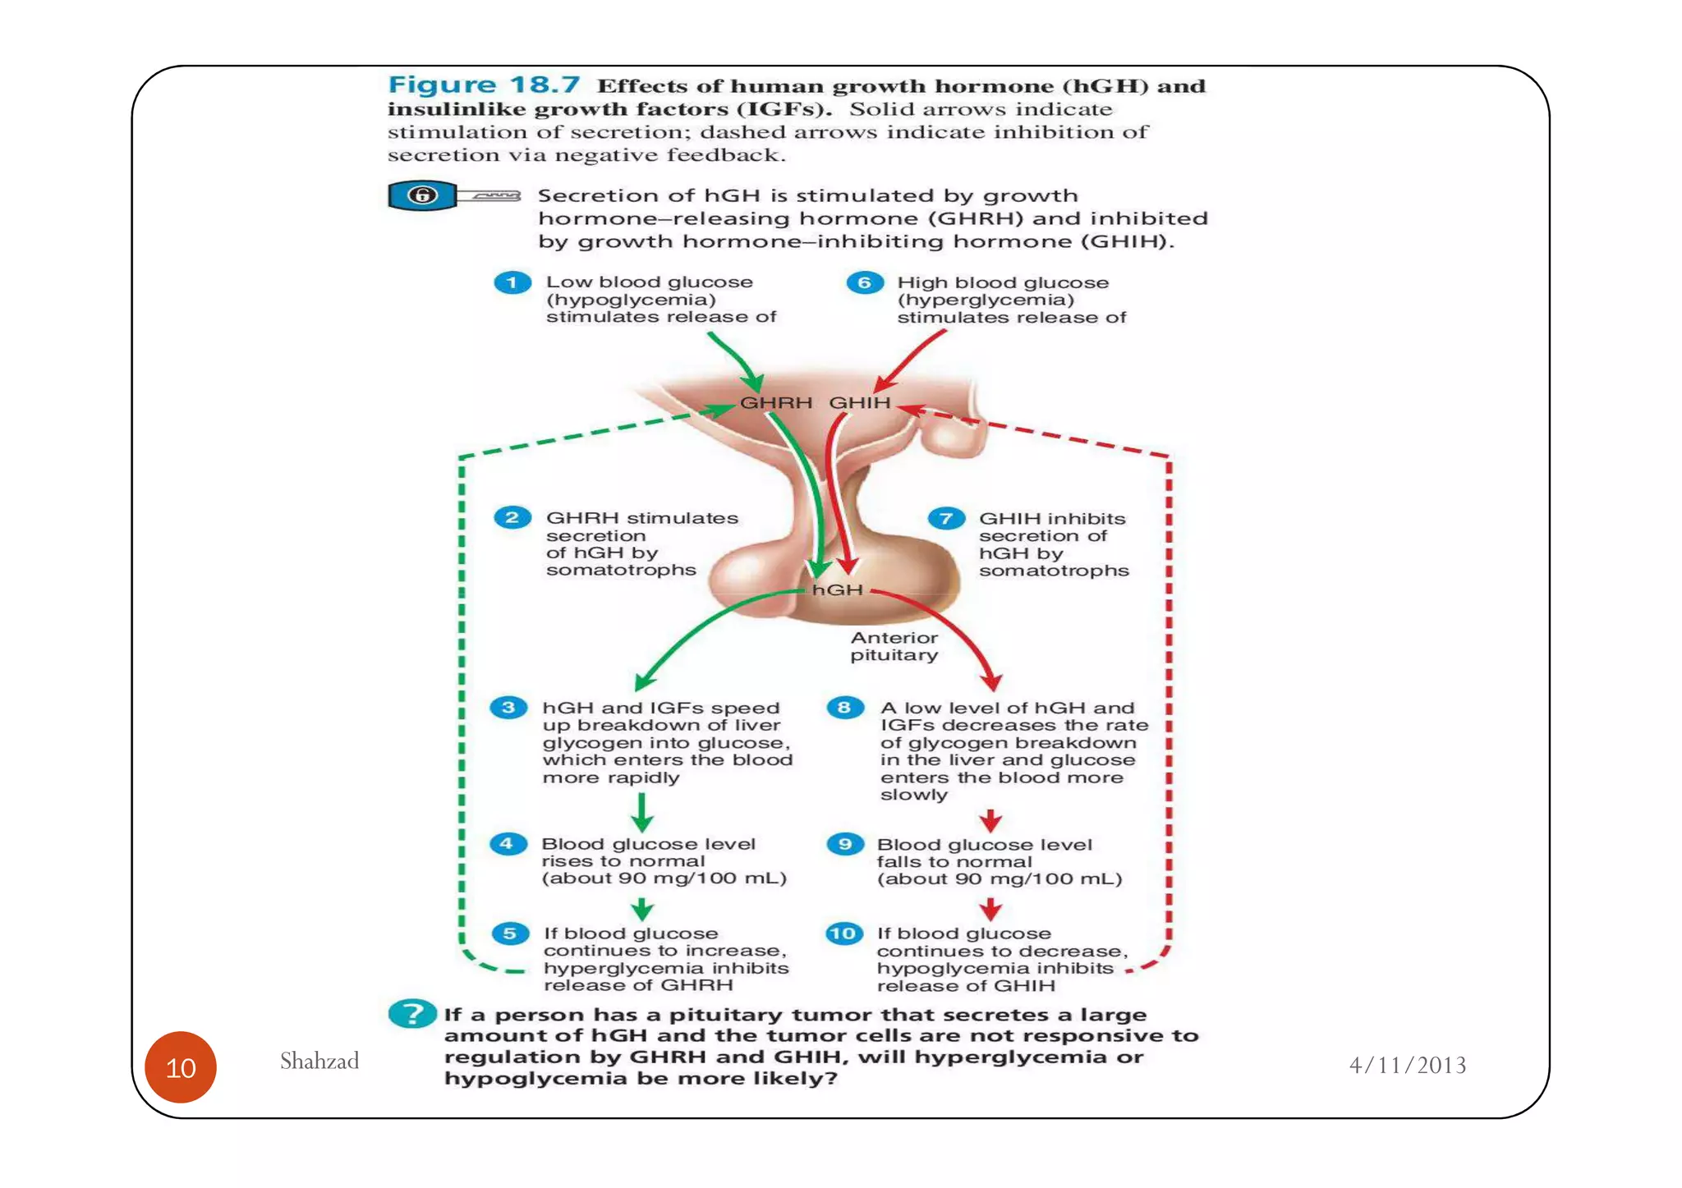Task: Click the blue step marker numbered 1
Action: pos(512,282)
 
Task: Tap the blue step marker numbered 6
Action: pos(864,283)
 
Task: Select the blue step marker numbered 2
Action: pos(512,518)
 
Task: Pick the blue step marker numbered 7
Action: pos(946,519)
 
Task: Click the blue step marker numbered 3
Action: pos(508,708)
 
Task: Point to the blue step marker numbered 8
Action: pos(844,708)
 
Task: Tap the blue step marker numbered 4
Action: pos(508,844)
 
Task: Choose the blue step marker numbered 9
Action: pos(844,845)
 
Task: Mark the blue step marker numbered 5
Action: pos(509,933)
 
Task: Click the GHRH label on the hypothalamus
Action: pos(775,403)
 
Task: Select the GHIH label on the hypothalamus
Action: pos(859,403)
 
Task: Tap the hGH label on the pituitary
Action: pos(837,590)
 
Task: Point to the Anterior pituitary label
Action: pos(894,646)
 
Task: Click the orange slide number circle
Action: pos(181,1067)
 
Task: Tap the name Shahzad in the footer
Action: pos(319,1062)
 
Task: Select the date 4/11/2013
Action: pos(1408,1066)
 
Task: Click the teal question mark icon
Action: pos(411,1014)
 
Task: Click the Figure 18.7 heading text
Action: pos(484,85)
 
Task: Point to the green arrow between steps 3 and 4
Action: pos(642,812)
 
